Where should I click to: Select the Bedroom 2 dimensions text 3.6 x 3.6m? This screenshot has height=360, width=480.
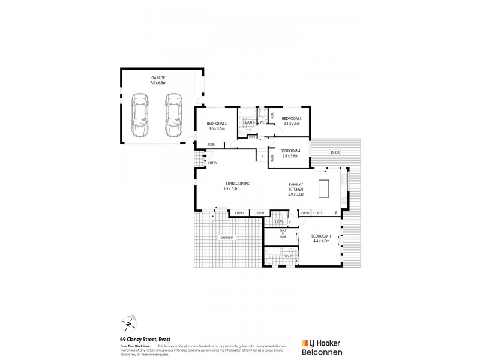(x=216, y=128)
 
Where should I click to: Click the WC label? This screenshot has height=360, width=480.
(x=262, y=122)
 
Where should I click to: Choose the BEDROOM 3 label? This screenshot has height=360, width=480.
(x=292, y=118)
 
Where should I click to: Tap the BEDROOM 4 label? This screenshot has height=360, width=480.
(x=290, y=151)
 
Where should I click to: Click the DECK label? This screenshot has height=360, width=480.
(x=335, y=152)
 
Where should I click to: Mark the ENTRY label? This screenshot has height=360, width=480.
(x=212, y=163)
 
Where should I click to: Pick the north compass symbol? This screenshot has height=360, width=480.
(x=130, y=324)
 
